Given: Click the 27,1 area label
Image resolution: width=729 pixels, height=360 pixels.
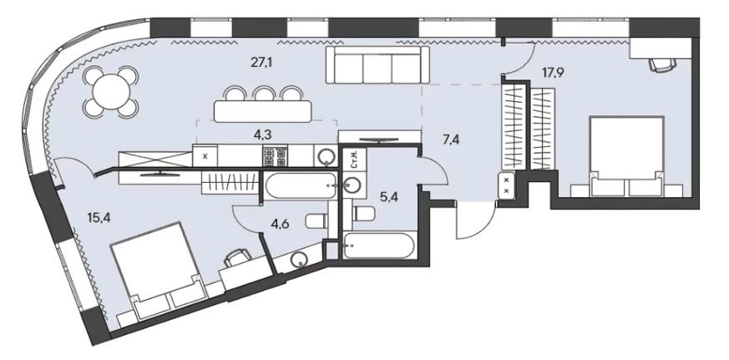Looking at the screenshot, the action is (261, 63).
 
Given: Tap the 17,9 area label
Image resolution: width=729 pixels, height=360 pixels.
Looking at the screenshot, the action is (553, 73).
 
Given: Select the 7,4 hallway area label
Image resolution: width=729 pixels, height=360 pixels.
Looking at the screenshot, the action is (452, 139).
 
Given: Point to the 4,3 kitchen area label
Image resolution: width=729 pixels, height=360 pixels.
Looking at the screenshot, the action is (263, 134).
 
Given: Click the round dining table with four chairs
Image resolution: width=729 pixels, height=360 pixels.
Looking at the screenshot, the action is (111, 92).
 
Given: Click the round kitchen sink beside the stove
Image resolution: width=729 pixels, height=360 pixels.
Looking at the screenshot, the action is (325, 156).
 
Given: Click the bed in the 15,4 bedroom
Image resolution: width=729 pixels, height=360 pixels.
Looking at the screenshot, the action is (157, 270).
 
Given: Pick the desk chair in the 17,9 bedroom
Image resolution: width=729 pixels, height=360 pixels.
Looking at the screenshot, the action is (662, 64).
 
